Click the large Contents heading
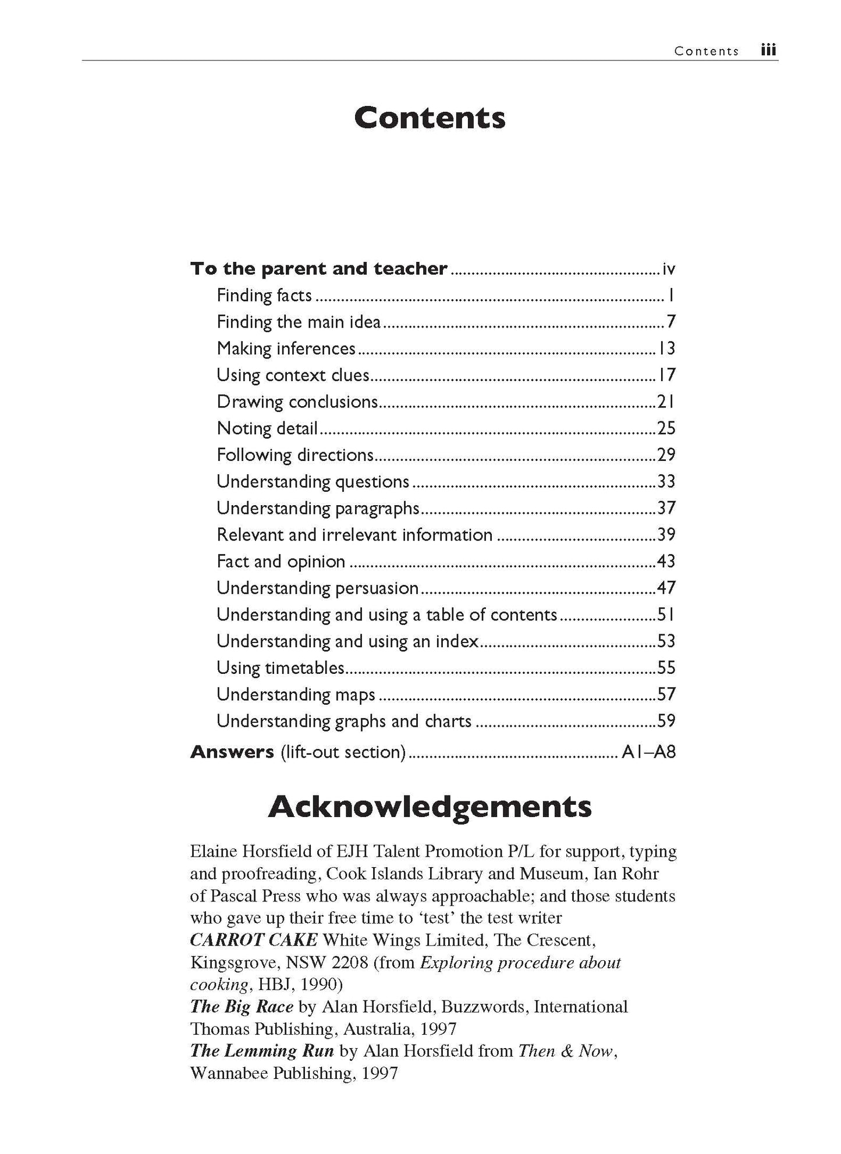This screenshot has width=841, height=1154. pos(430,118)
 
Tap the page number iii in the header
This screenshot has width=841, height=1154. pos(768,51)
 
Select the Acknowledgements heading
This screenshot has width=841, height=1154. pos(430,807)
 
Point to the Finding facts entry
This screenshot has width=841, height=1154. pos(264,296)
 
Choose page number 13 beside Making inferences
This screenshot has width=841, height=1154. pos(666,349)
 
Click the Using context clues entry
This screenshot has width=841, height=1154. pos(293,375)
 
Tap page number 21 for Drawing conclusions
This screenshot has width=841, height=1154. pos(666,402)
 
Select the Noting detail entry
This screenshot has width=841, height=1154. pos(267,429)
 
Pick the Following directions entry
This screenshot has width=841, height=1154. pos(295,455)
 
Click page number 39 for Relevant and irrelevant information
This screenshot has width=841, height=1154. pos(666,535)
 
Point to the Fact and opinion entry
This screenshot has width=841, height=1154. pos(281,562)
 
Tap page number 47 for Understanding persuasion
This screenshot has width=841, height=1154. pos(666,588)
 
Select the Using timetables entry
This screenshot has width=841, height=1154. pos(281,668)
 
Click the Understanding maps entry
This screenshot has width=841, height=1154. pos(296,695)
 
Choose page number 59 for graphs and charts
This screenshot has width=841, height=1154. pos(666,722)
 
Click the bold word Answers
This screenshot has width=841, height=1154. pos(232,752)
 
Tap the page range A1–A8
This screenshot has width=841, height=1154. pos(648,752)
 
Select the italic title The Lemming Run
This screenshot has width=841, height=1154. pos(262,1051)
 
